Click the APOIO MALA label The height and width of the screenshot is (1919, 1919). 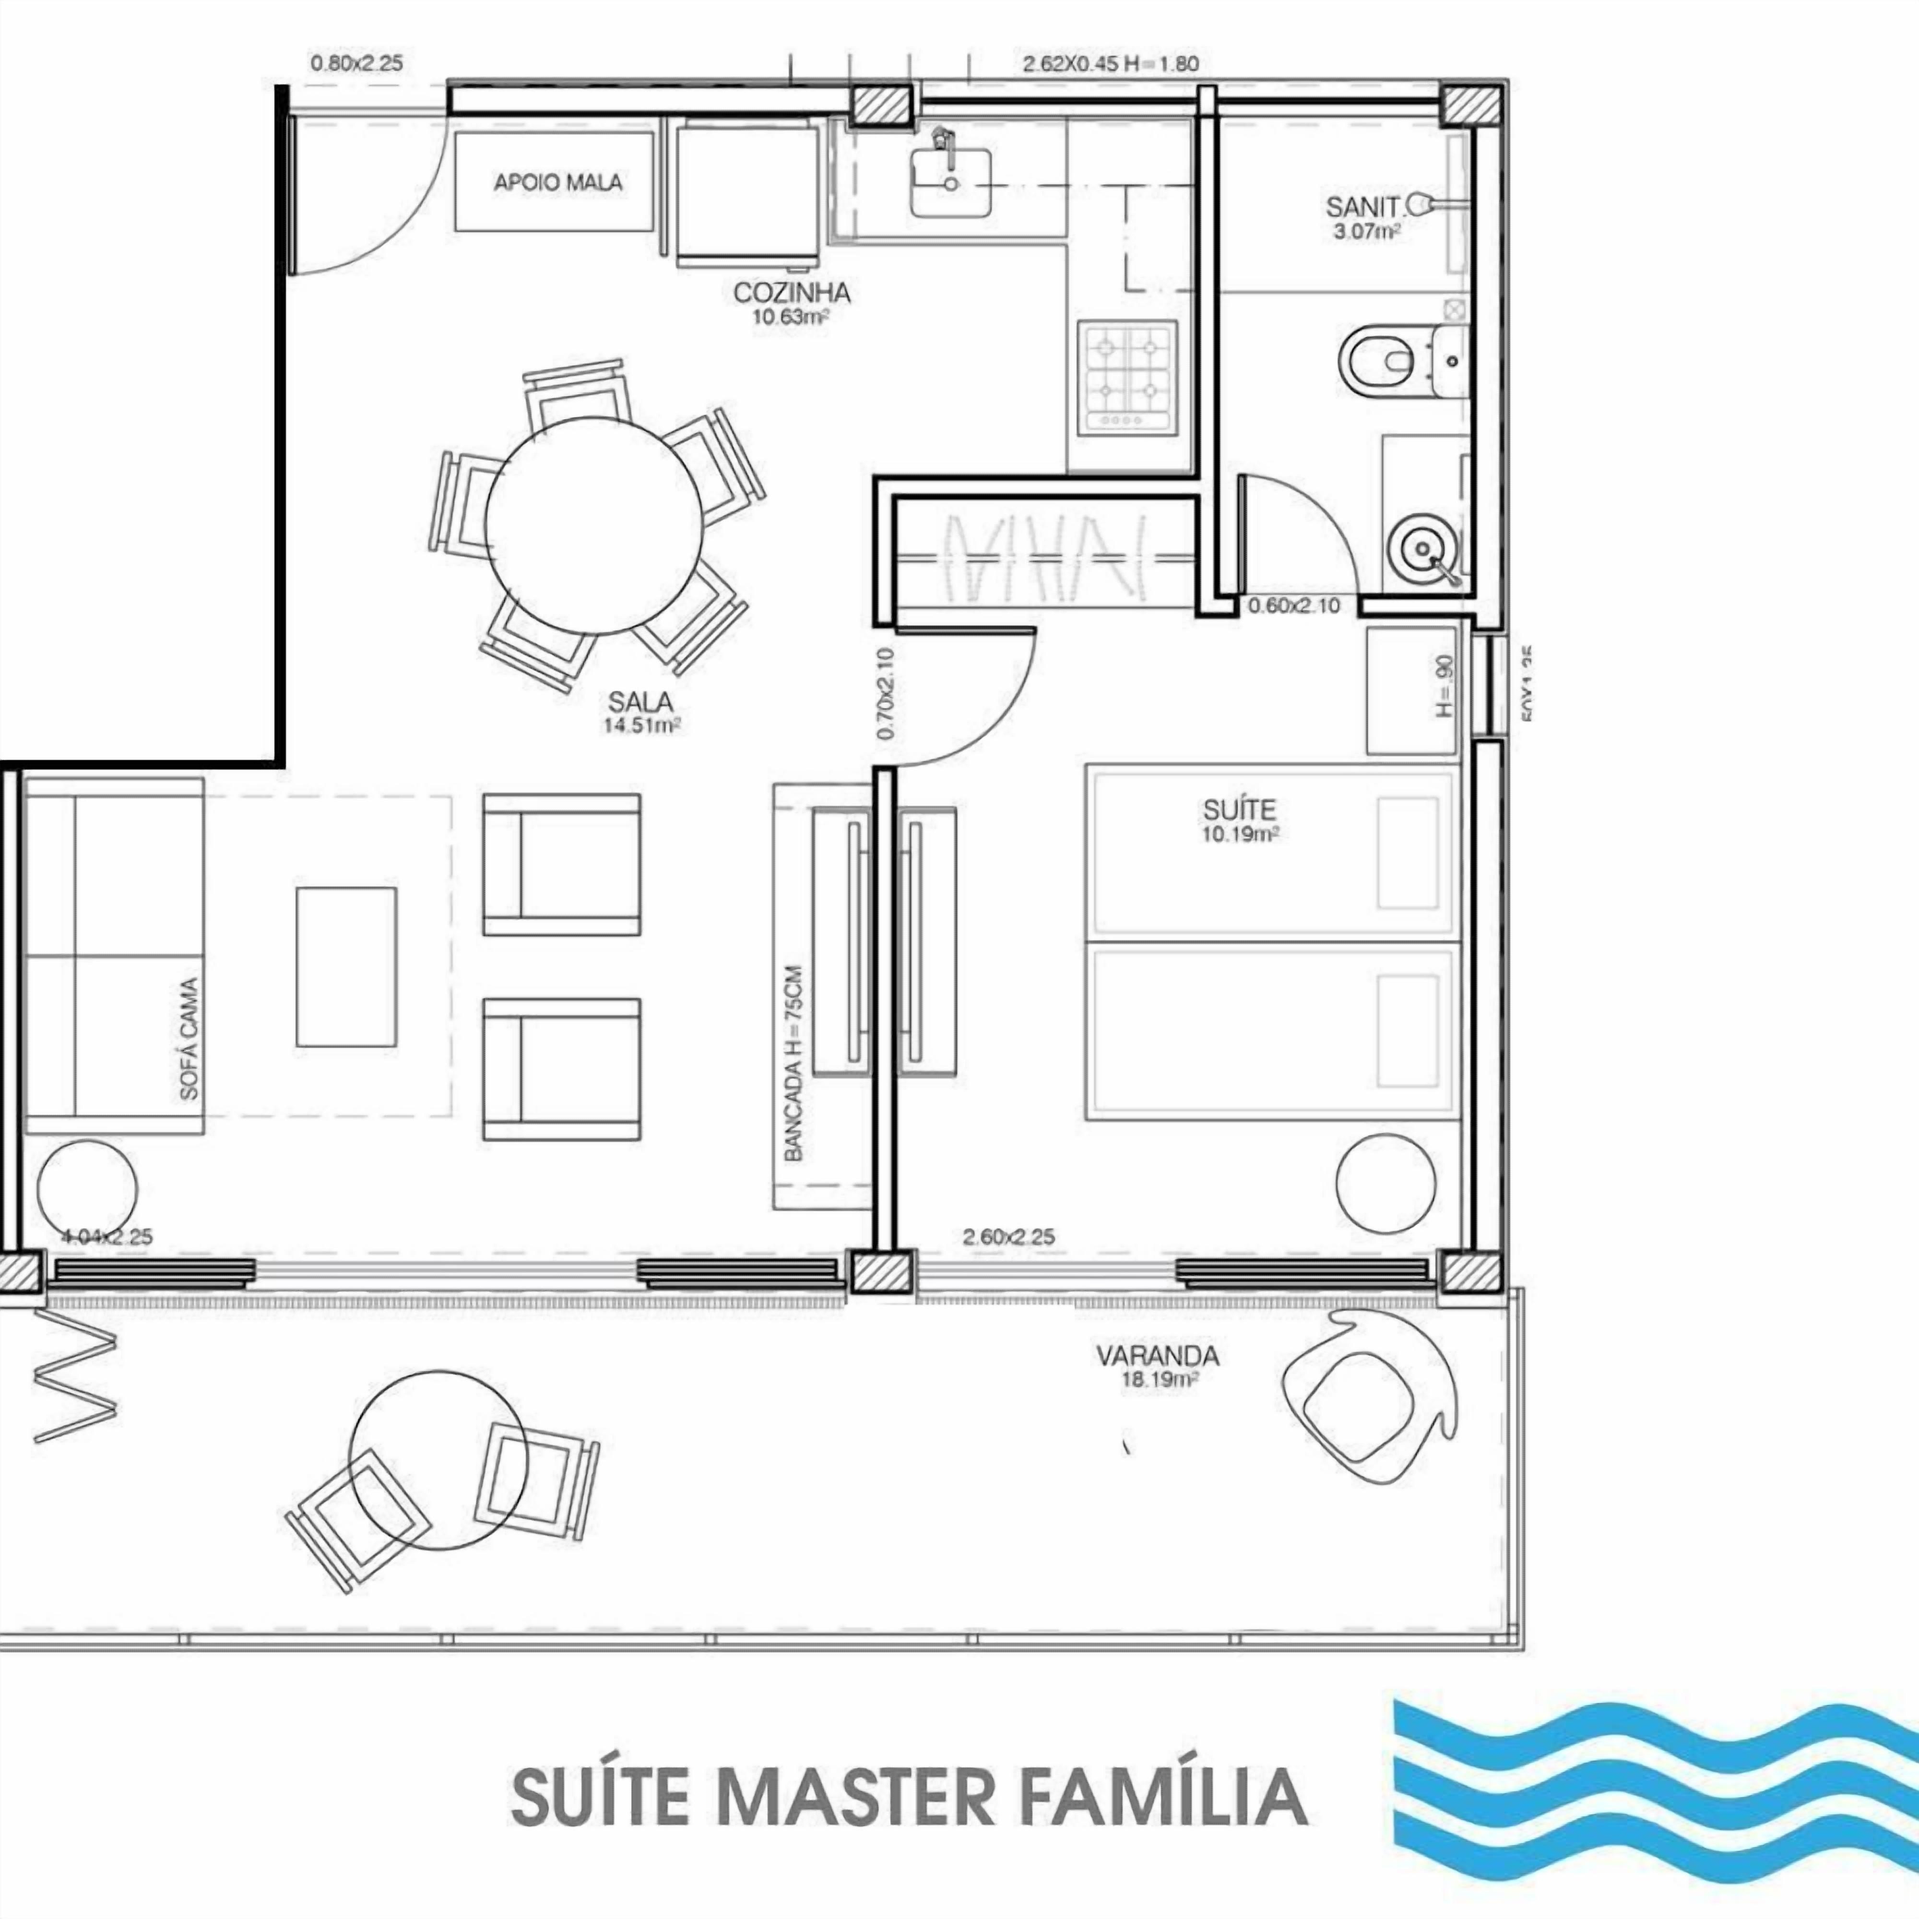coord(557,183)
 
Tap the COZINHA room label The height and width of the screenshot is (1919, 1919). coord(792,293)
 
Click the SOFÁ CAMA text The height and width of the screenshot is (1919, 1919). coord(189,1038)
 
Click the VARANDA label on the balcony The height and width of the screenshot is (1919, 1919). coord(1157,1356)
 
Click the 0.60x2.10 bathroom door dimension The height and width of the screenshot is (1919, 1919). coord(1293,605)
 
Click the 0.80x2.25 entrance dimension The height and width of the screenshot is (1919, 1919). coord(356,64)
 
